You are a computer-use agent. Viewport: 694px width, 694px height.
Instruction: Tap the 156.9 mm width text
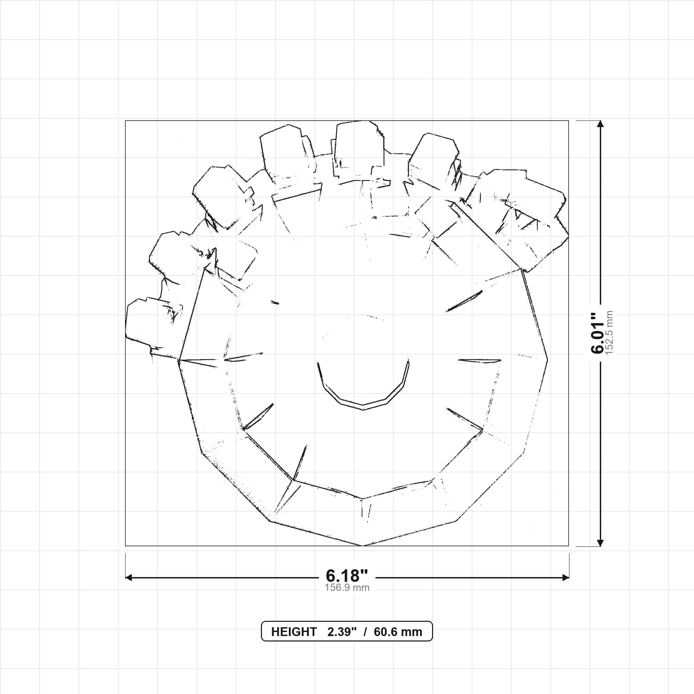pos(347,588)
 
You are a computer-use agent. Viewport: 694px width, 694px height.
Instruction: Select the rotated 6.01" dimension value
pos(598,333)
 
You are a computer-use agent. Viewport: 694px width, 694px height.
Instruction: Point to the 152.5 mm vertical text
pos(609,333)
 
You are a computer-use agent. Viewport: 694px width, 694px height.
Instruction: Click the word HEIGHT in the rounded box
pos(294,632)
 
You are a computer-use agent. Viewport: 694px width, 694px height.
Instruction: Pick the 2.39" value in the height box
pos(342,632)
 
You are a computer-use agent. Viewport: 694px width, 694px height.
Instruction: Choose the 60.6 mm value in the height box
pos(398,632)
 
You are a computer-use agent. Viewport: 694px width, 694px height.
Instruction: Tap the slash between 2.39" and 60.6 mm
pos(365,632)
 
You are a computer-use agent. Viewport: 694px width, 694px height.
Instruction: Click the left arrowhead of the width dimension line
pos(128,578)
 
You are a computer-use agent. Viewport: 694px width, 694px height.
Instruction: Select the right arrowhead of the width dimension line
pos(566,578)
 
